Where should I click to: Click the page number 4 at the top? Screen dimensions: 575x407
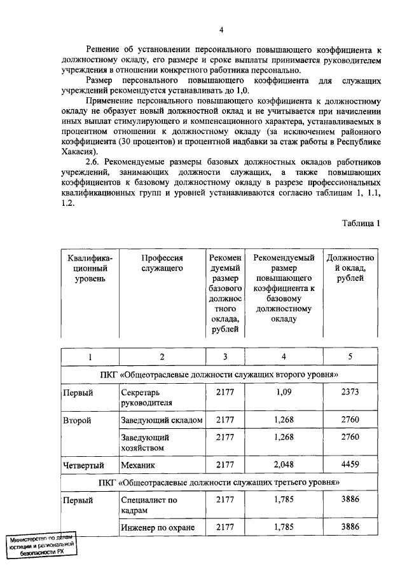pyautogui.click(x=221, y=30)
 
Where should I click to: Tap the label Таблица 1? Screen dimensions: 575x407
pyautogui.click(x=360, y=223)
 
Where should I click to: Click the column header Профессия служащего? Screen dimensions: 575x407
pyautogui.click(x=162, y=263)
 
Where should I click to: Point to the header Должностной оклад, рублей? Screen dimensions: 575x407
pyautogui.click(x=350, y=268)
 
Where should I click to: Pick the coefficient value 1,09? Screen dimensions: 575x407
pyautogui.click(x=284, y=393)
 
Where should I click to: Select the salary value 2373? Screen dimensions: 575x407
pyautogui.click(x=350, y=393)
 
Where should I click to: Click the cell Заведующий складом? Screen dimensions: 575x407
pyautogui.click(x=162, y=421)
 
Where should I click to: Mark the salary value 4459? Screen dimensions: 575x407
pyautogui.click(x=350, y=464)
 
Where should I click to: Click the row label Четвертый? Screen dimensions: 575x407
pyautogui.click(x=83, y=465)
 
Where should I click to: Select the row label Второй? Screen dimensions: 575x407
pyautogui.click(x=78, y=421)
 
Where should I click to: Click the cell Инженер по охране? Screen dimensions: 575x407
pyautogui.click(x=162, y=527)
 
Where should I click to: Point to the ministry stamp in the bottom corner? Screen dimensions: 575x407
pyautogui.click(x=43, y=545)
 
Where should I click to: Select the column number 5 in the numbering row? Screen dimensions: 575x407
pyautogui.click(x=350, y=357)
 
